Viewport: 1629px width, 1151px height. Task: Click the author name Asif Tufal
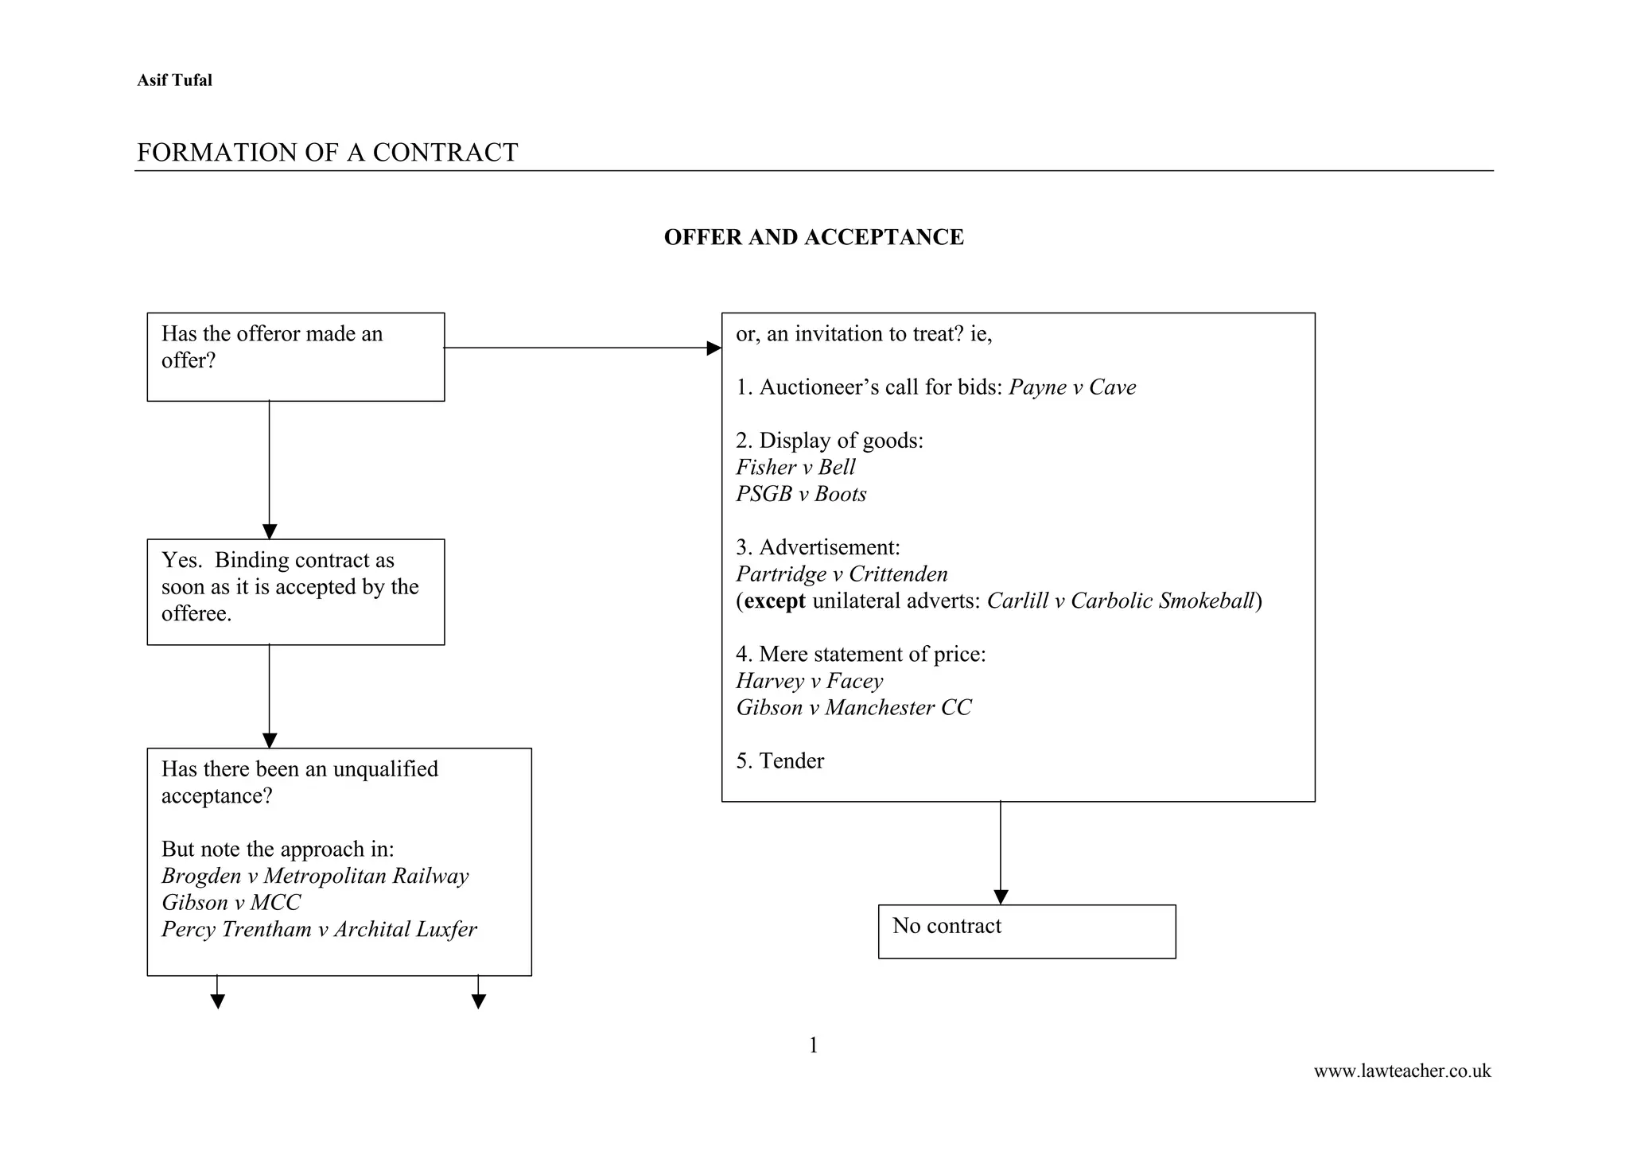pyautogui.click(x=174, y=80)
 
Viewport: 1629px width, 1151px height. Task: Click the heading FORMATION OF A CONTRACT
pyautogui.click(x=327, y=152)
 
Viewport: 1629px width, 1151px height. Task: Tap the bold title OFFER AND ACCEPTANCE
pyautogui.click(x=814, y=237)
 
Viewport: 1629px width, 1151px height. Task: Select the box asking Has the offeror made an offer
pyautogui.click(x=295, y=356)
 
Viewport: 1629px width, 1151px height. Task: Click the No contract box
pyautogui.click(x=1026, y=931)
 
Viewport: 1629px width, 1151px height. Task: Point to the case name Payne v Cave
pyautogui.click(x=1072, y=387)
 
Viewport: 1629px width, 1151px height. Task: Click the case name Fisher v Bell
pyautogui.click(x=795, y=468)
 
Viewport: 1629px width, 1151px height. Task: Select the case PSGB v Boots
pyautogui.click(x=801, y=494)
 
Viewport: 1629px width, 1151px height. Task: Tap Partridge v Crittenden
pyautogui.click(x=842, y=574)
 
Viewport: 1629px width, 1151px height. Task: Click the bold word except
pyautogui.click(x=775, y=601)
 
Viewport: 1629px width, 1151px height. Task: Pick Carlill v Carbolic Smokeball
pyautogui.click(x=1121, y=601)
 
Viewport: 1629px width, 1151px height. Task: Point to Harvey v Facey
pyautogui.click(x=809, y=681)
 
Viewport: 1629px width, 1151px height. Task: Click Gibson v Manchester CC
pyautogui.click(x=853, y=707)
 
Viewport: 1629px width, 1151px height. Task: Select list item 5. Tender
pyautogui.click(x=780, y=761)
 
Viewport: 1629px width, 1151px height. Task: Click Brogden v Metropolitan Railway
pyautogui.click(x=315, y=876)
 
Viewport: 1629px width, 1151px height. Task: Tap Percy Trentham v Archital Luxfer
pyautogui.click(x=319, y=929)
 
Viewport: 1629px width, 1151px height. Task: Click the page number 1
pyautogui.click(x=813, y=1045)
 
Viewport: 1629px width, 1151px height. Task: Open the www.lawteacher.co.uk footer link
pyautogui.click(x=1402, y=1071)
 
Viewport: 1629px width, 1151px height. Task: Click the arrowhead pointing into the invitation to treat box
pyautogui.click(x=713, y=348)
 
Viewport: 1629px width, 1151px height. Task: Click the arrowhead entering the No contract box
pyautogui.click(x=1001, y=896)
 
